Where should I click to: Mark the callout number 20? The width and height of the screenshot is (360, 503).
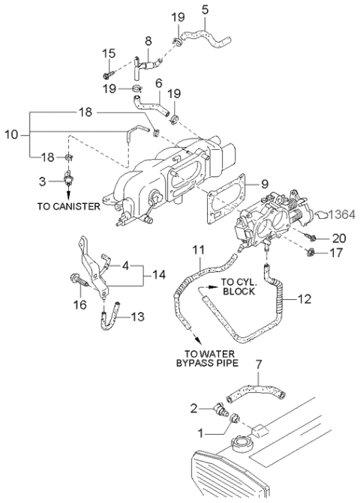[x=339, y=238]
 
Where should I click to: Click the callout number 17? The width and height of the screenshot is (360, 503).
[x=339, y=253]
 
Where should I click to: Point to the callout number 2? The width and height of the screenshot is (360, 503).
[x=193, y=409]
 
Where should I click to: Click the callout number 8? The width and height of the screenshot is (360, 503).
[x=148, y=41]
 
